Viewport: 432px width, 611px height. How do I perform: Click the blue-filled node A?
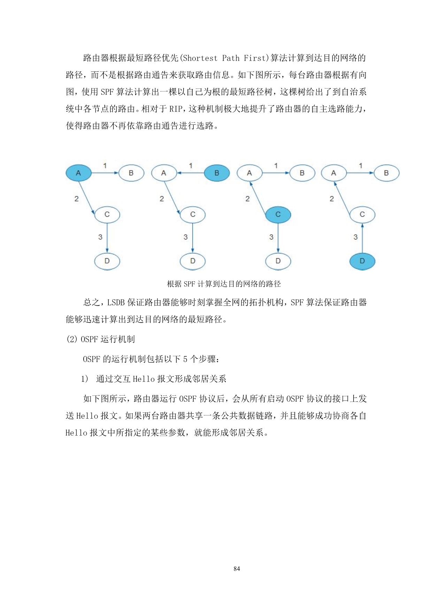point(78,173)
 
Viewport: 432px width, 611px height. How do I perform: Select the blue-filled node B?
point(217,173)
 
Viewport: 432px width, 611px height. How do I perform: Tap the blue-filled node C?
point(278,214)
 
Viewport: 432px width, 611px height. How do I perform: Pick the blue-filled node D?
point(362,261)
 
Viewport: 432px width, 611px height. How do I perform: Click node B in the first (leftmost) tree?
point(131,173)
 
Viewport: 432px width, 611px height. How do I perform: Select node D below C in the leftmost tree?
point(107,261)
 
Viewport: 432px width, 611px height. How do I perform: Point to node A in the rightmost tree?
point(333,173)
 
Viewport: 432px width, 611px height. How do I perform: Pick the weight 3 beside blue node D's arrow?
point(355,237)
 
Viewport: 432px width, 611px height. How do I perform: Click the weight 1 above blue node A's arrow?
point(105,166)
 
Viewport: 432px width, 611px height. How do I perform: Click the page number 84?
point(237,568)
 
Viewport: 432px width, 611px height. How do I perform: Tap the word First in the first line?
point(255,58)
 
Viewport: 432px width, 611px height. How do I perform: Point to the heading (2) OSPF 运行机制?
point(100,339)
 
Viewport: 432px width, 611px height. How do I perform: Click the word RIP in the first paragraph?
point(176,109)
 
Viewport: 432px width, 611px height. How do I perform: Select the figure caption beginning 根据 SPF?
point(224,284)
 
